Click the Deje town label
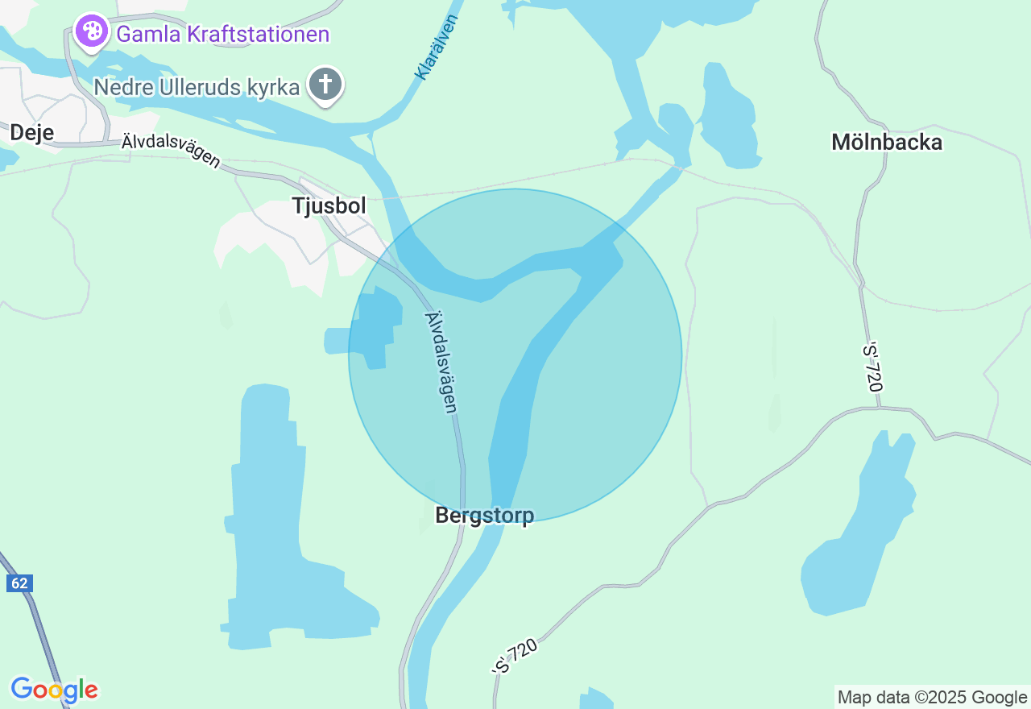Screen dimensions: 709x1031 tap(32, 132)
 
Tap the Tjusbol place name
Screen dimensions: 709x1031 tap(329, 206)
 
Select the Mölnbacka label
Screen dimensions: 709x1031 tap(887, 143)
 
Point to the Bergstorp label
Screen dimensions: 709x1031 tap(484, 516)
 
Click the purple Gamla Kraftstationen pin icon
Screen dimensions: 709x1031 tap(92, 32)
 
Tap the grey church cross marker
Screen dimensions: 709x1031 tap(325, 84)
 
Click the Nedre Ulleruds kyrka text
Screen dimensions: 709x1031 tap(197, 87)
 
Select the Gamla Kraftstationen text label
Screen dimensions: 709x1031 tap(223, 35)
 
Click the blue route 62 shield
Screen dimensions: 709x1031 tap(19, 583)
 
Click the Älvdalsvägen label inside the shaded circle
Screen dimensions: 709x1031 tap(441, 363)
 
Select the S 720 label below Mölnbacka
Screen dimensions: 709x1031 tap(873, 367)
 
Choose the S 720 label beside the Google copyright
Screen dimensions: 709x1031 tap(515, 657)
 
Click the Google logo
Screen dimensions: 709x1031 tap(54, 690)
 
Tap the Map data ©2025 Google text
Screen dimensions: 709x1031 tap(932, 697)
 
